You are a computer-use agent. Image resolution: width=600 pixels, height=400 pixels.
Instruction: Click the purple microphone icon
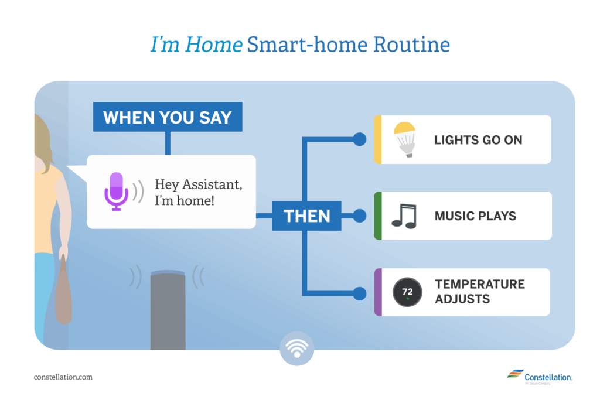[117, 191]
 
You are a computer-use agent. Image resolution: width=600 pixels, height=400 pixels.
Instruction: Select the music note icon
[404, 216]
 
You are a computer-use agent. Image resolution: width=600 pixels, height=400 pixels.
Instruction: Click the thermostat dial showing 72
[407, 292]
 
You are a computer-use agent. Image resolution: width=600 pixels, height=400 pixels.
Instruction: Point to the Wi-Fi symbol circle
[297, 348]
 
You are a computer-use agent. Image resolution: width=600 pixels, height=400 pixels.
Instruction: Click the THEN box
[306, 216]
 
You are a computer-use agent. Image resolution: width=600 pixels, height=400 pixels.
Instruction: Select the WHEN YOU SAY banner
[168, 117]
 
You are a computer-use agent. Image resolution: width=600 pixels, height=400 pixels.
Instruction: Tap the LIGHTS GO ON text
[478, 140]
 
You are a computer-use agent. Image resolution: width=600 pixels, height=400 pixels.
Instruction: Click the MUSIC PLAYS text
[475, 216]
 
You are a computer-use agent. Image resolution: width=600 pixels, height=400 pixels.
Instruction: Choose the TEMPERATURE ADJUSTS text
[480, 292]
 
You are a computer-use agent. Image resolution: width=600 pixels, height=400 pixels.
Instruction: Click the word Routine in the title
[411, 45]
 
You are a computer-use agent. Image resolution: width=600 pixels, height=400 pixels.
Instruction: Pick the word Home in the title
[213, 45]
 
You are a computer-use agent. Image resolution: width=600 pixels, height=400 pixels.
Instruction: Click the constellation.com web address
[63, 377]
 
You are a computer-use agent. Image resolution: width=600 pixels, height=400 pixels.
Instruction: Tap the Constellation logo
[540, 377]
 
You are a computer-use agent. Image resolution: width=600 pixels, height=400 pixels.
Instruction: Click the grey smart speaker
[168, 310]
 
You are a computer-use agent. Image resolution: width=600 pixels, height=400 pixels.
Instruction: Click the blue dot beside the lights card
[359, 139]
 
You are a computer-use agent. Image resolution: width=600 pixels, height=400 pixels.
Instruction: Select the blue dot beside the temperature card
[359, 293]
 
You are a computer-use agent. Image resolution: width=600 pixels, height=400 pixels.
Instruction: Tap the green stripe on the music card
[378, 216]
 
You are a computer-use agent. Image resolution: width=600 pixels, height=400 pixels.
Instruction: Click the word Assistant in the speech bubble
[212, 184]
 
